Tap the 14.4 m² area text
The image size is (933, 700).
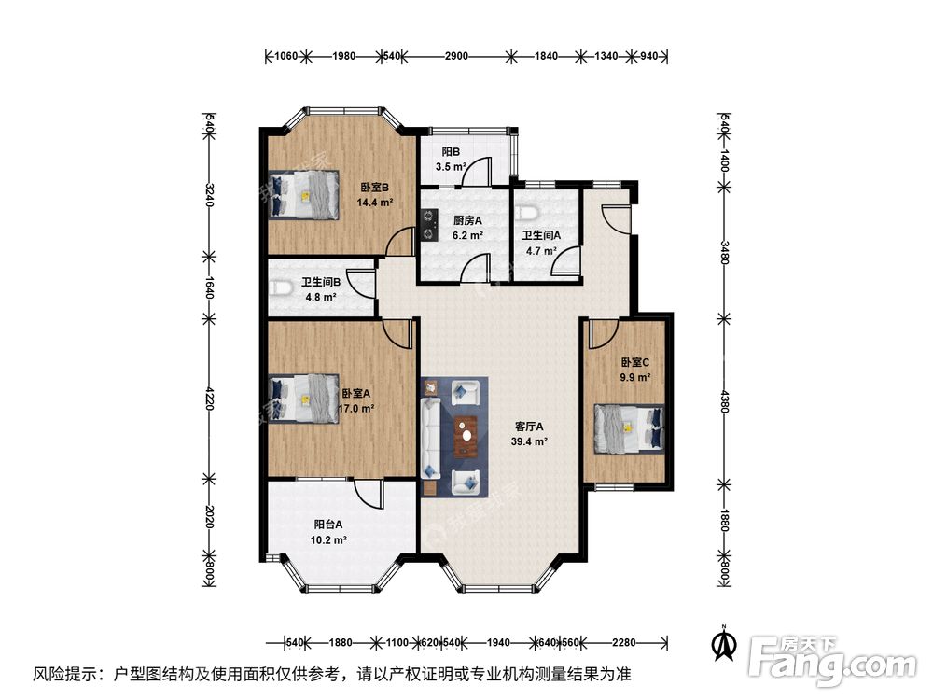374,201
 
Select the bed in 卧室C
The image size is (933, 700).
630,427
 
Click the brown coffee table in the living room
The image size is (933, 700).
466,435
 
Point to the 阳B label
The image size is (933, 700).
451,152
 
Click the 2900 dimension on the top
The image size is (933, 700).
455,56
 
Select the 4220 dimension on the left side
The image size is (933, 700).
209,399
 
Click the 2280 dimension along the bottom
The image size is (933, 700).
622,642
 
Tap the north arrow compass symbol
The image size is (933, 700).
720,641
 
